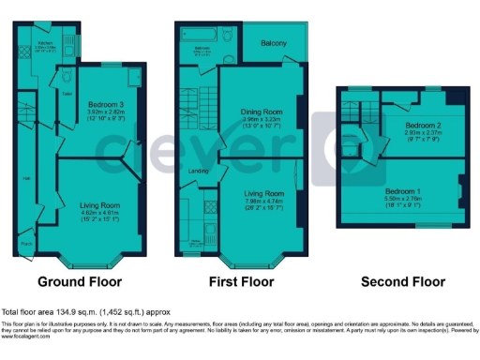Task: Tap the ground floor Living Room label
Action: tap(99, 203)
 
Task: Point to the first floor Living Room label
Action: tap(262, 193)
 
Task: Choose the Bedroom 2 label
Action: tap(423, 124)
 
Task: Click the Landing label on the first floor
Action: tap(198, 170)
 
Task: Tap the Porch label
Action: tap(25, 245)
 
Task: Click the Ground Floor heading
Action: tap(79, 281)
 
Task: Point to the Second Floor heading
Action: tap(403, 281)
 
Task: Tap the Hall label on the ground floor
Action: tap(26, 179)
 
